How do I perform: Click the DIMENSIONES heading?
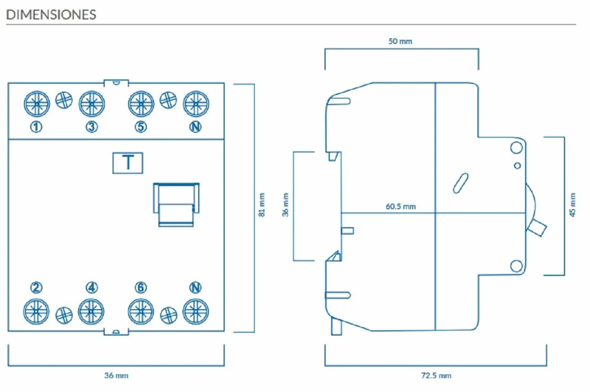point(51,14)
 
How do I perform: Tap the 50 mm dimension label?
point(400,41)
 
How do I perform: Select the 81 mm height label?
point(262,205)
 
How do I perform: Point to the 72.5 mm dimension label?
point(436,375)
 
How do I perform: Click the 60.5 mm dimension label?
point(401,206)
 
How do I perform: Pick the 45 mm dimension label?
point(572,205)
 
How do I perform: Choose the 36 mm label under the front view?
point(116,375)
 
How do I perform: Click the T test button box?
point(128,163)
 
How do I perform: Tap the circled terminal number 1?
point(36,127)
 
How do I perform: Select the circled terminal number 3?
point(92,127)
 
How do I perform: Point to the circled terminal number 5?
point(141,127)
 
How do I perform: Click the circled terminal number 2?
point(36,287)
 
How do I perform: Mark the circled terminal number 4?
point(92,287)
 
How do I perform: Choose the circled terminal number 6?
point(141,287)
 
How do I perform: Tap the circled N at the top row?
point(195,127)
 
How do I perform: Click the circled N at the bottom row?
point(195,287)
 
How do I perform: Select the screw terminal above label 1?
point(37,104)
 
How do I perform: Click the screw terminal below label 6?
point(141,312)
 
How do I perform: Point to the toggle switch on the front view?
point(176,205)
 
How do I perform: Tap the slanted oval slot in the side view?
point(461,183)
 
